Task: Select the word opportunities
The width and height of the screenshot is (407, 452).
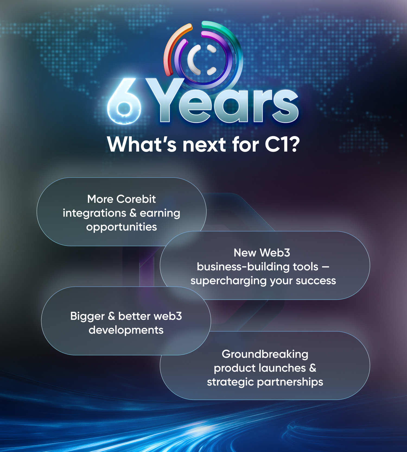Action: pyautogui.click(x=122, y=227)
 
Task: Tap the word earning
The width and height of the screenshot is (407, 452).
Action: pyautogui.click(x=160, y=214)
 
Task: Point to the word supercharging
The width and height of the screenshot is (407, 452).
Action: pyautogui.click(x=229, y=281)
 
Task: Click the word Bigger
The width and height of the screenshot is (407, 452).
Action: pyautogui.click(x=87, y=316)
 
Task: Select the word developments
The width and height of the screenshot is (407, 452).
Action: pyautogui.click(x=126, y=330)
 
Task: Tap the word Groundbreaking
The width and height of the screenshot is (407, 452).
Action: pyautogui.click(x=265, y=354)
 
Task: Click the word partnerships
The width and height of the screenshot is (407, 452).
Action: pyautogui.click(x=290, y=382)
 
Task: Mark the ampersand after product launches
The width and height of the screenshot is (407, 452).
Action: pyautogui.click(x=313, y=368)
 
